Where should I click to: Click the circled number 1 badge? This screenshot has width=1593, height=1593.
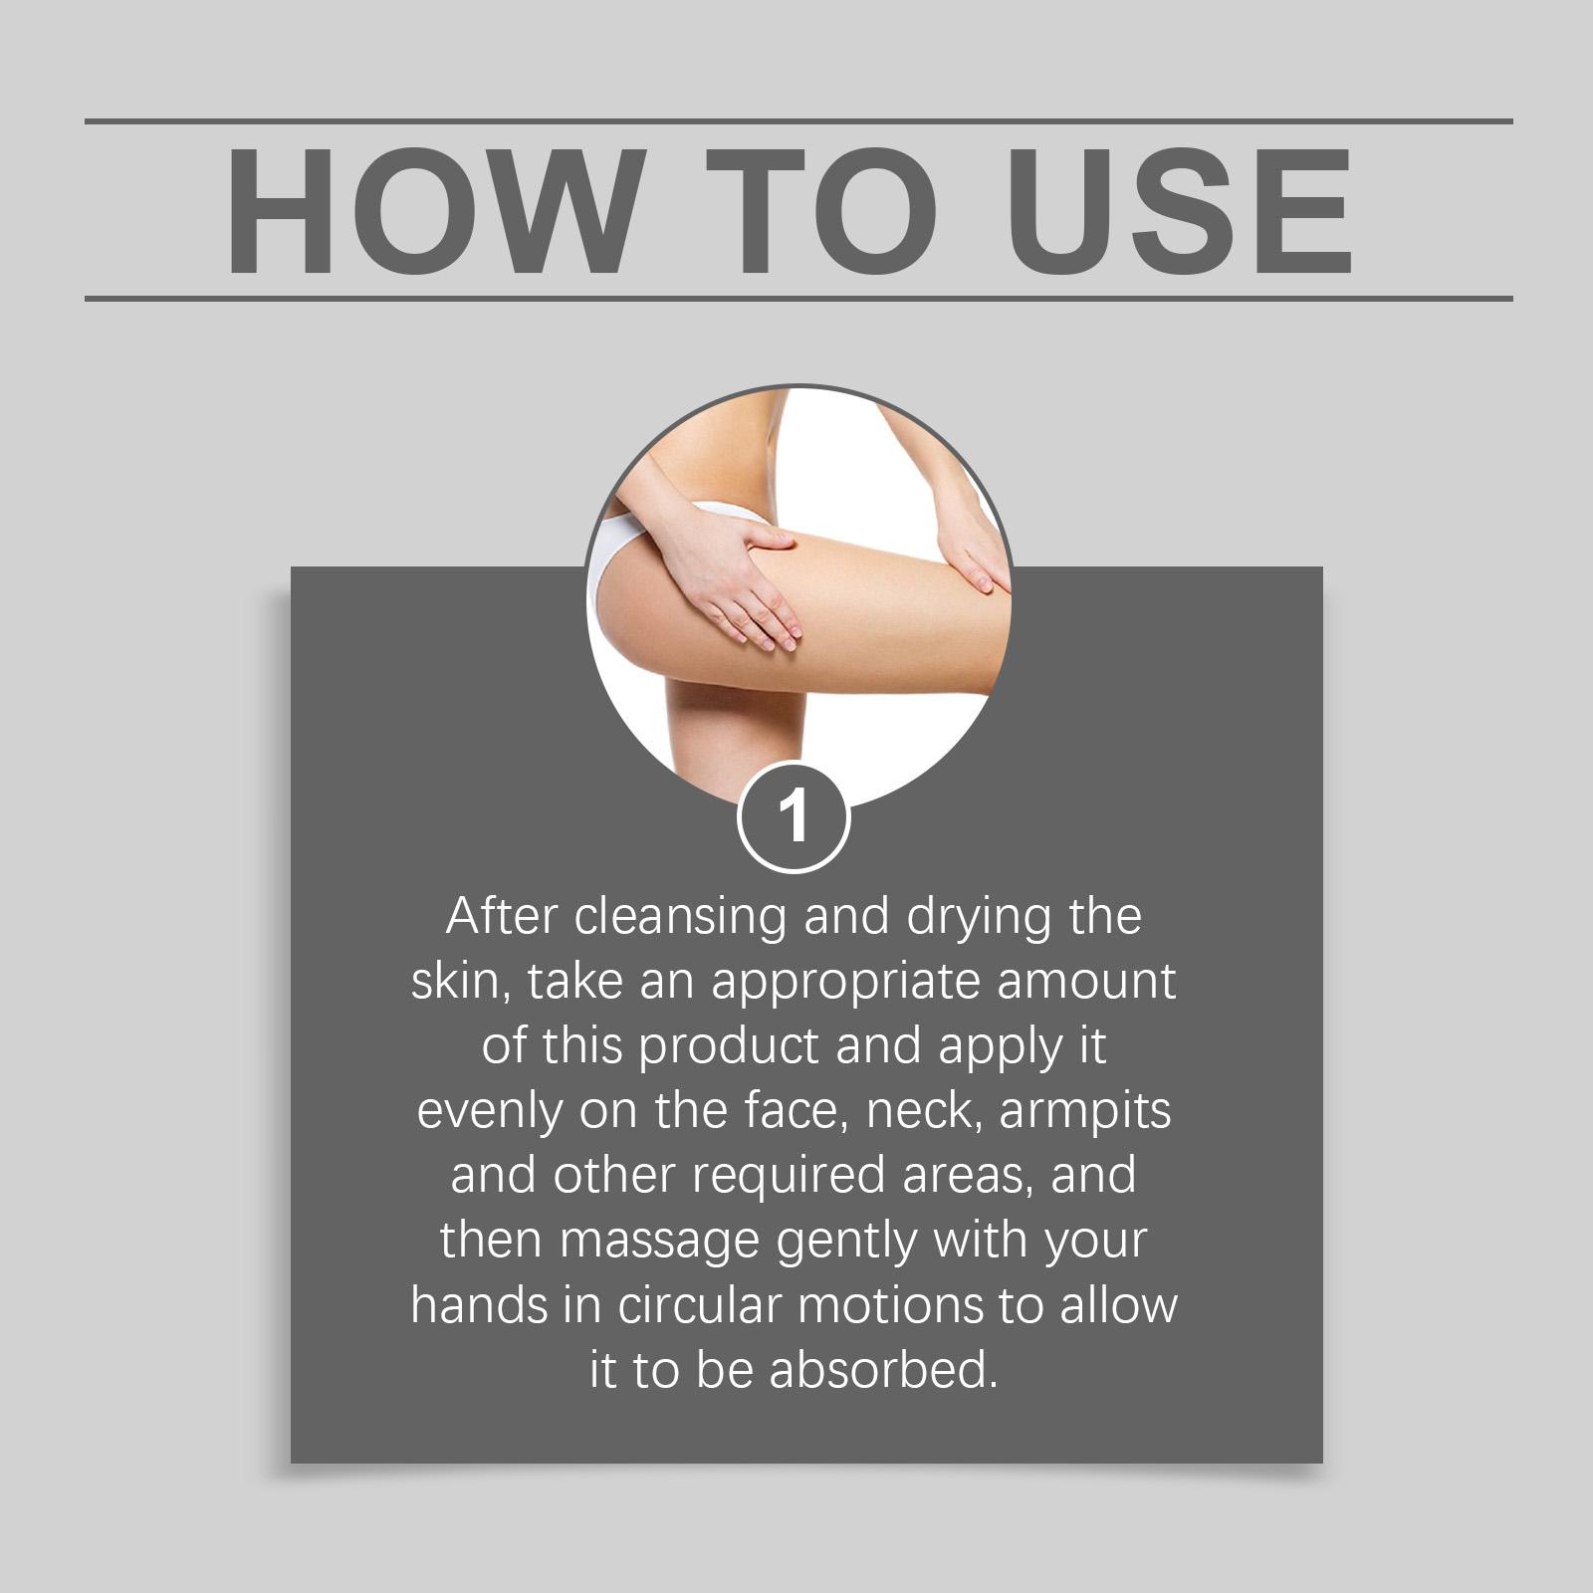click(794, 817)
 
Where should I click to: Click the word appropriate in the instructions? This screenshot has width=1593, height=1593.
click(846, 983)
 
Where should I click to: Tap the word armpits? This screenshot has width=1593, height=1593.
click(1085, 1111)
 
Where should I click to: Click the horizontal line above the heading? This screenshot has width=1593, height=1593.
click(798, 121)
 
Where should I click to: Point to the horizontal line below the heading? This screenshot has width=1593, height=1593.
click(798, 298)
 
